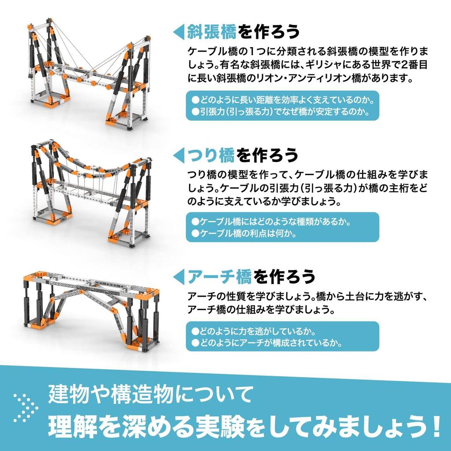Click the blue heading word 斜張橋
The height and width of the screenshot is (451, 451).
point(212,32)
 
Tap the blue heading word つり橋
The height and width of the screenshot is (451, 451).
point(211,155)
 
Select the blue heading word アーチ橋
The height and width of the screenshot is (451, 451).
point(219,277)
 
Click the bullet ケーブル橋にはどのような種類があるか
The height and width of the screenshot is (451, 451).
point(274,221)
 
